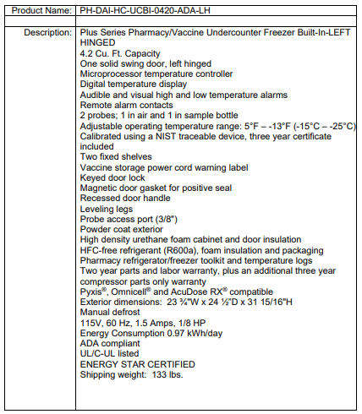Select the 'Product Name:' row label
[40, 10]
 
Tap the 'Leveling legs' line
[107, 208]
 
